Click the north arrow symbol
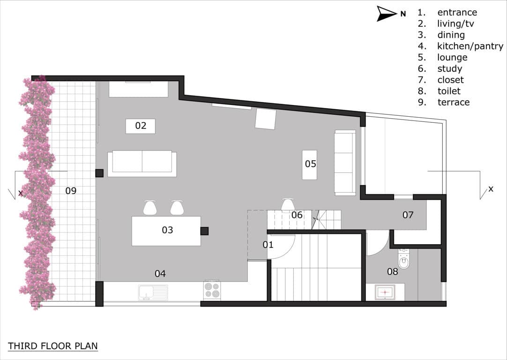[387, 14]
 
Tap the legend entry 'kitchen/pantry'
[470, 46]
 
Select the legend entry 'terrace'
[453, 102]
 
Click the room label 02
[141, 126]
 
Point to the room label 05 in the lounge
[310, 164]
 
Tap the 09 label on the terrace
[71, 191]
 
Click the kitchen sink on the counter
[153, 292]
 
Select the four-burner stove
[212, 290]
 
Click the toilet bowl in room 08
[403, 259]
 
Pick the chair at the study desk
[288, 205]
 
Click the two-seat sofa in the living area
[142, 163]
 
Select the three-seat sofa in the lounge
[344, 163]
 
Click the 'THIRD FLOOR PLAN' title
[53, 346]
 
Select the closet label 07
[408, 215]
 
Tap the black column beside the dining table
[204, 231]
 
